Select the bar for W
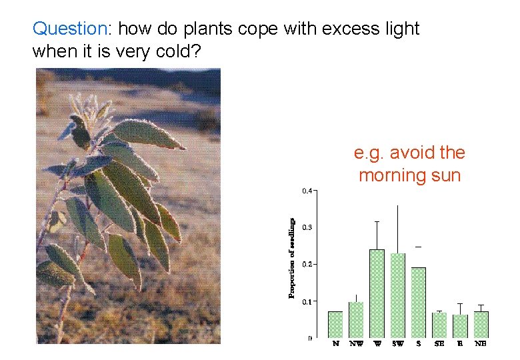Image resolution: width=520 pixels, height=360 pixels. (377, 293)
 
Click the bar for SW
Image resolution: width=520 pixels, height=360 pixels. (397, 295)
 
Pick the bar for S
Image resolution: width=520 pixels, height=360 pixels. (418, 302)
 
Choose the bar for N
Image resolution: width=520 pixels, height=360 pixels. (335, 324)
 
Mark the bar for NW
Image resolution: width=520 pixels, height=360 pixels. (356, 319)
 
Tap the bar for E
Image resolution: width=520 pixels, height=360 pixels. (460, 325)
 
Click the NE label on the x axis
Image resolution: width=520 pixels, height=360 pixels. (480, 344)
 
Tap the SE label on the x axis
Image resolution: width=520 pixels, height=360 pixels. (439, 344)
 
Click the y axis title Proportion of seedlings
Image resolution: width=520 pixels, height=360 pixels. (292, 257)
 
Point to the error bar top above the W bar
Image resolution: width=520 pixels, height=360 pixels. (377, 221)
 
